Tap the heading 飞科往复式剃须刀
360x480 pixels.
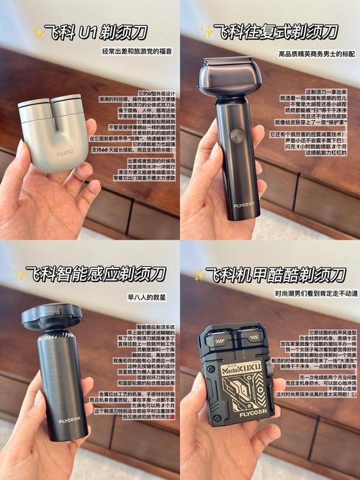277,32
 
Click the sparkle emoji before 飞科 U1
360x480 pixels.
37,32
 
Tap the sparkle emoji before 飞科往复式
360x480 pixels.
207,32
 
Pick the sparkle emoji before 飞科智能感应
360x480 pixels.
19,274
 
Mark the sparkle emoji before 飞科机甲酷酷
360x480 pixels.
199,275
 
